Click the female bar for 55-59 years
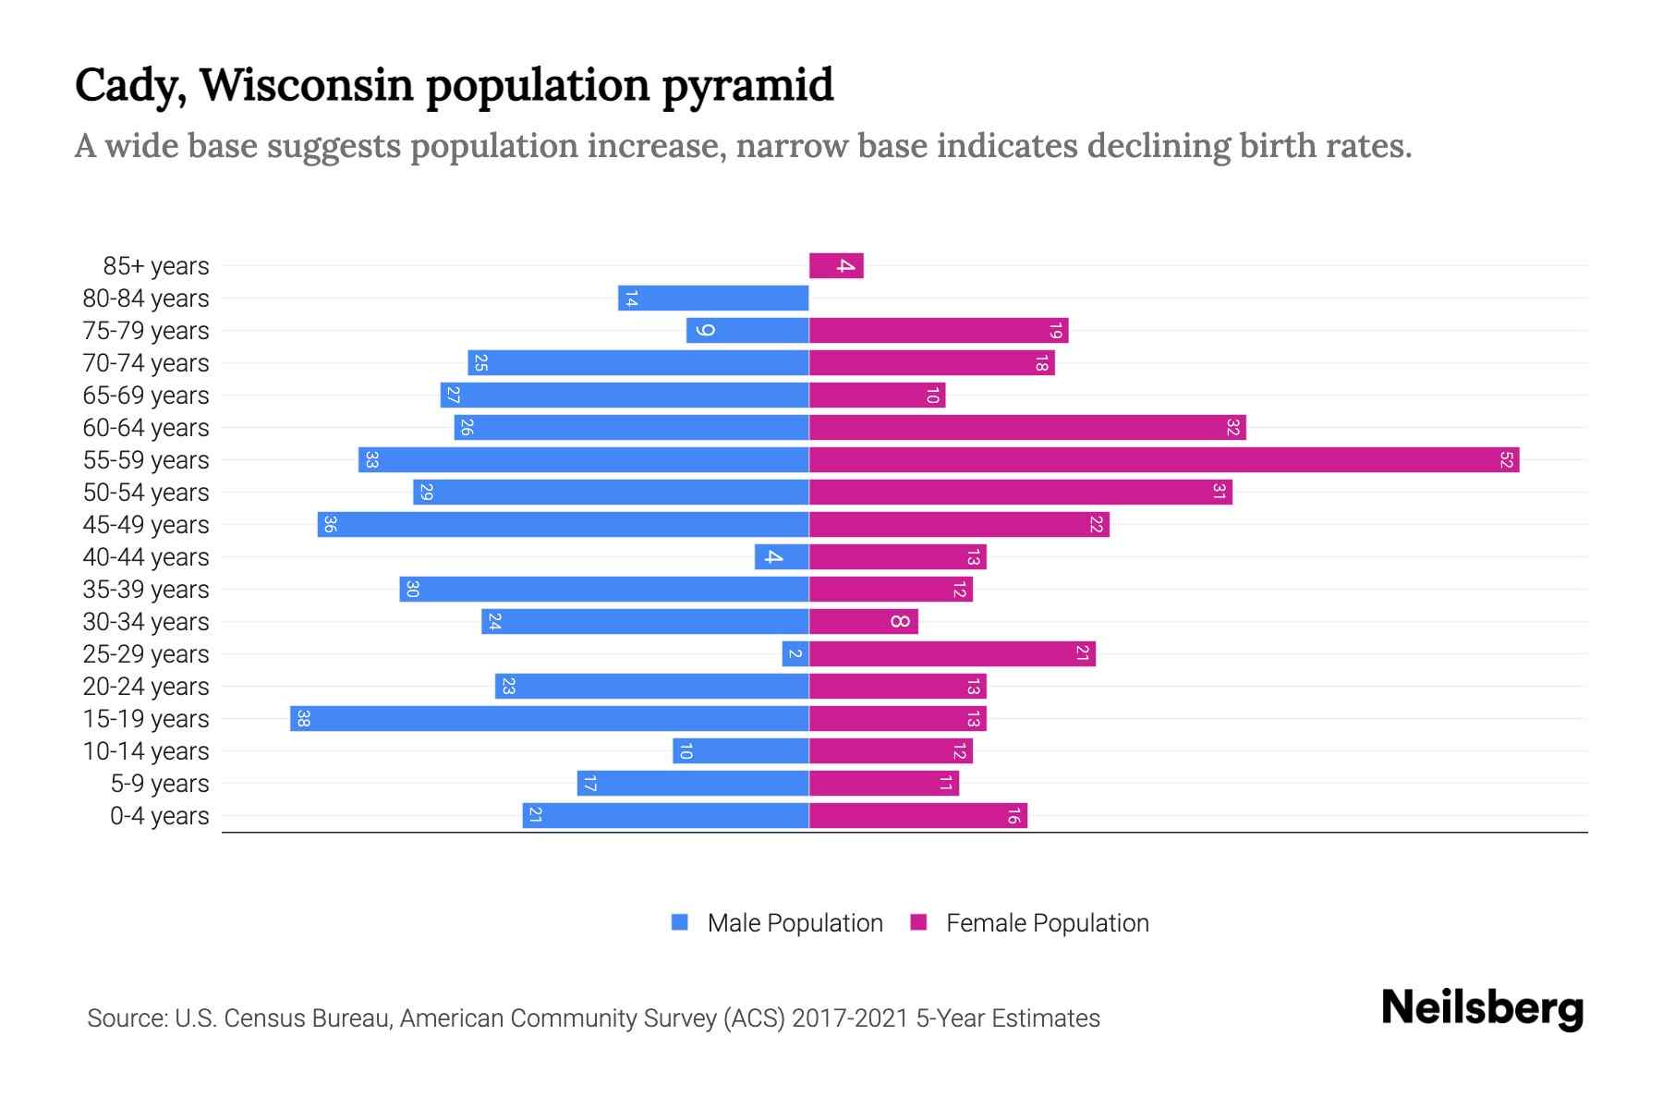1164,459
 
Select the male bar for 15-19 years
550,718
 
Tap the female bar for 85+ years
836,265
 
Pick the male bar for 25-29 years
795,653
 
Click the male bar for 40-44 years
782,556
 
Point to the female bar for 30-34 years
864,621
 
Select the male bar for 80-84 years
713,298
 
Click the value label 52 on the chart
1506,459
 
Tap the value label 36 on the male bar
330,524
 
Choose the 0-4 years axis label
159,816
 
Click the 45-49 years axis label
146,525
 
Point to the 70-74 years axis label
146,363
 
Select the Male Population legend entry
795,922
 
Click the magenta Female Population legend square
918,922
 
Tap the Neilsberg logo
1482,1007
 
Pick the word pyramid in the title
747,85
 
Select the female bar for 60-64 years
1027,427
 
